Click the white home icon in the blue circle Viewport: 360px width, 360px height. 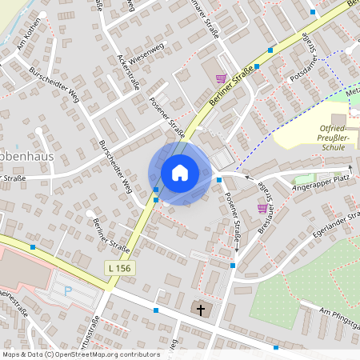point(180,172)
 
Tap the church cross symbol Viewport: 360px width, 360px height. point(200,308)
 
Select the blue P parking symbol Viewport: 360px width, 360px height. point(68,291)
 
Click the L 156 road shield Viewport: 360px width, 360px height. point(118,267)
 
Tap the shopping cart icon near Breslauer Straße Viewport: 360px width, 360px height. point(262,207)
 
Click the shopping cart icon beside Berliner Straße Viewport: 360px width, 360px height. point(220,78)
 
